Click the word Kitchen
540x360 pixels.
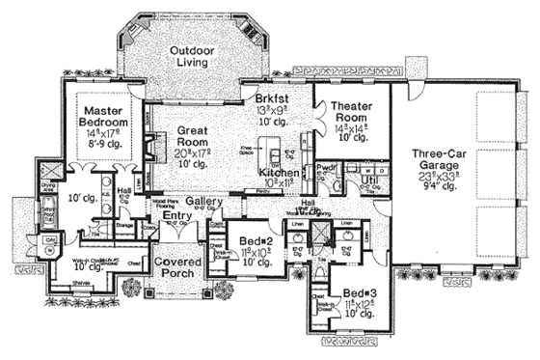tap(280, 172)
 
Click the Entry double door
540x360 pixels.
tap(175, 237)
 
